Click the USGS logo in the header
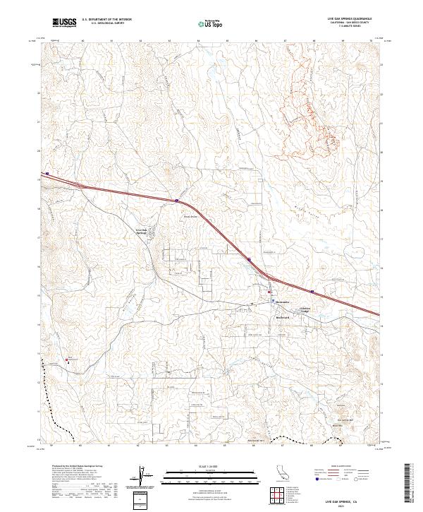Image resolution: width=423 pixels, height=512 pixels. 64,23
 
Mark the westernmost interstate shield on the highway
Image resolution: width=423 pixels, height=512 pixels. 47,173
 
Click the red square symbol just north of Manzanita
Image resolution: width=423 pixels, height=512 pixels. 269,291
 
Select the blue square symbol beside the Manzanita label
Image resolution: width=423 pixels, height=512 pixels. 274,301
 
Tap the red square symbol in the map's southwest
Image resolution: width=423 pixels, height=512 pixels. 68,358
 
